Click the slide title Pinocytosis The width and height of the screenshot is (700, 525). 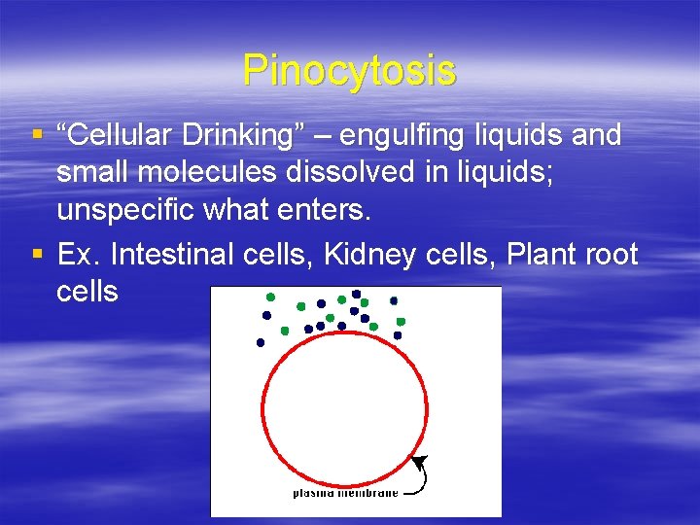point(349,70)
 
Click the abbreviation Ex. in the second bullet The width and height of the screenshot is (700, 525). point(79,255)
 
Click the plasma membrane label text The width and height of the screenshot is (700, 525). point(345,493)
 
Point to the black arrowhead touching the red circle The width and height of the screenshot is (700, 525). point(418,460)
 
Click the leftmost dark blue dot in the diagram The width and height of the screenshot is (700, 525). point(260,342)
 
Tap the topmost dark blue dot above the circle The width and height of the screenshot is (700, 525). point(357,294)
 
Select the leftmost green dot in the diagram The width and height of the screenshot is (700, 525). point(270,297)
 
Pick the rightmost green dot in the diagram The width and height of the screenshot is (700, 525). point(401,321)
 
